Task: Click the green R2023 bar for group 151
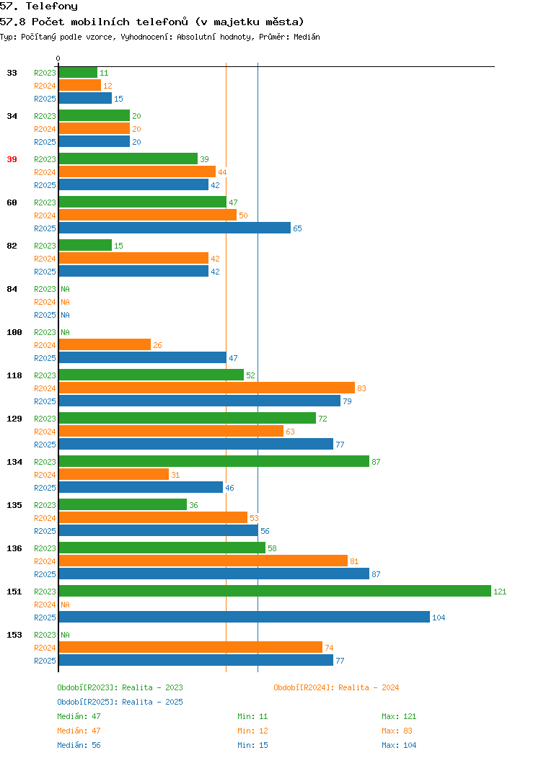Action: tap(275, 592)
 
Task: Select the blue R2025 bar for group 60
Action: tap(175, 228)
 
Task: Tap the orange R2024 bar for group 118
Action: tap(206, 388)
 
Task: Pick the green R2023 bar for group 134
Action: tap(214, 462)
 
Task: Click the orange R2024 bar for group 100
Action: tap(105, 345)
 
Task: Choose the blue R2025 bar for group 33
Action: tap(85, 99)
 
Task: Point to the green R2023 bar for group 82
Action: tap(85, 246)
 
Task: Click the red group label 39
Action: tap(12, 159)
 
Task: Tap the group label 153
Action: tap(14, 635)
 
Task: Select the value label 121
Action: tap(500, 592)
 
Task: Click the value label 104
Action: tap(439, 617)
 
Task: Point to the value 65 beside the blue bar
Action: tap(297, 228)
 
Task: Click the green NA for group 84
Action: tap(66, 289)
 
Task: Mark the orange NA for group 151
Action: tap(66, 605)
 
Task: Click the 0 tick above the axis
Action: tap(58, 59)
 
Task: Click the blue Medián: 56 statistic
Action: tap(79, 745)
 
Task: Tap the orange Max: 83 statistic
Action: tap(397, 731)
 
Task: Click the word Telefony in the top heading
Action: tap(51, 6)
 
